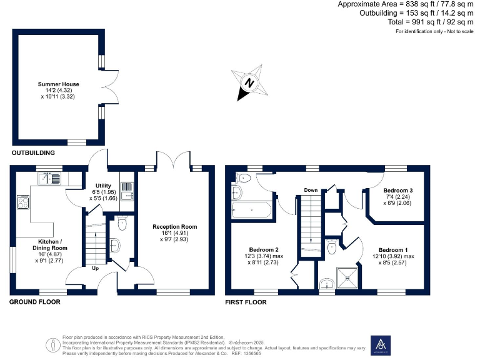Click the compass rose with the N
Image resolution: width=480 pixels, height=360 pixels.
[249, 83]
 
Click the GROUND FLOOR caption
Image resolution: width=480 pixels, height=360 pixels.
[35, 302]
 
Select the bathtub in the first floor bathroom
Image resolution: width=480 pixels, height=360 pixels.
[251, 211]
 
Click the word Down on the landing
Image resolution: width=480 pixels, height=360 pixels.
[311, 190]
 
